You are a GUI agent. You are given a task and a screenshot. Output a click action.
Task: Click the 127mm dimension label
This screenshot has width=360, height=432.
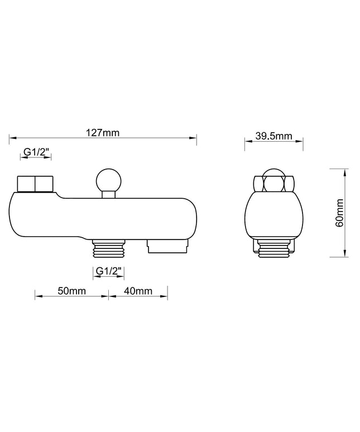tap(103, 133)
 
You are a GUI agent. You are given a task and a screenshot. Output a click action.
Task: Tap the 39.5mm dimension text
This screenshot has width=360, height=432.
tap(274, 136)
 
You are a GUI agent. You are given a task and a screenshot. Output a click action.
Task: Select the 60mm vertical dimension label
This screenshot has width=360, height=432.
tap(339, 213)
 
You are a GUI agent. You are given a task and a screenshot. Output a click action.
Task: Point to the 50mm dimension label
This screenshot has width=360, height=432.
tap(72, 291)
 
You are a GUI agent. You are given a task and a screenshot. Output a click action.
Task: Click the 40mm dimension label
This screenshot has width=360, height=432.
tap(138, 291)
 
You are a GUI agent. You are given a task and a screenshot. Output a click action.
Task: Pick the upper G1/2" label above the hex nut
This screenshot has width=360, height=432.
tap(36, 151)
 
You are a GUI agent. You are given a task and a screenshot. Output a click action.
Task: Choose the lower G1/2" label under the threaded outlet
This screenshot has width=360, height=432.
tap(108, 271)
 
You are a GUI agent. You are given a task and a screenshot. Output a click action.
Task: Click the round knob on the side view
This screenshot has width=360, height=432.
tap(108, 181)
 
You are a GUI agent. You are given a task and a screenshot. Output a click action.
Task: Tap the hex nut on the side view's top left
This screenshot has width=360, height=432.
tap(35, 184)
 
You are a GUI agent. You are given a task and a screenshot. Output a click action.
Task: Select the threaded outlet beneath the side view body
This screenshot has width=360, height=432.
tap(109, 248)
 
